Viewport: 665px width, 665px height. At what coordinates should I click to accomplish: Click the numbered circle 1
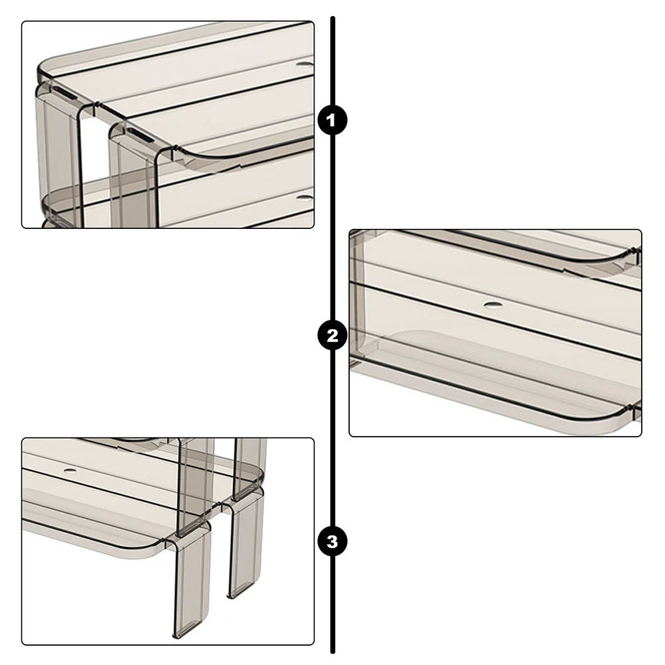point(332,120)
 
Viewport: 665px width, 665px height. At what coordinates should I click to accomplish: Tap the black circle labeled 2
point(332,335)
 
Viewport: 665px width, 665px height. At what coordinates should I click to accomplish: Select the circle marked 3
point(332,542)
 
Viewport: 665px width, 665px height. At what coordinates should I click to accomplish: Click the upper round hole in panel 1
point(305,65)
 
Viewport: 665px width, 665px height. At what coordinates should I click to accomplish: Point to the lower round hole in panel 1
point(305,197)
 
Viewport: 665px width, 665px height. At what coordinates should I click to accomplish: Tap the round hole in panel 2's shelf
point(492,304)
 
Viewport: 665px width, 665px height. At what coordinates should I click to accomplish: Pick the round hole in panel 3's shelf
point(70,471)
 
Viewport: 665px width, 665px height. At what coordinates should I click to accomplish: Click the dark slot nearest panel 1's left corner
point(65,94)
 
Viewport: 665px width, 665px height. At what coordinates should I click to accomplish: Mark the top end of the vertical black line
point(333,18)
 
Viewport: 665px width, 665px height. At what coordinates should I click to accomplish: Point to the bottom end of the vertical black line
point(333,652)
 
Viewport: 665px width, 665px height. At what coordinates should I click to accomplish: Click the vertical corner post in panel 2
point(359,293)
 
